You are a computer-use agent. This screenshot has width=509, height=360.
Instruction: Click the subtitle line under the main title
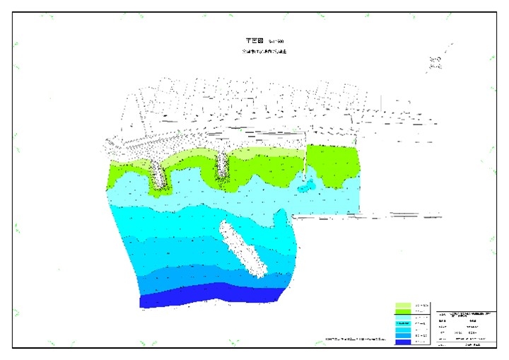pos(263,52)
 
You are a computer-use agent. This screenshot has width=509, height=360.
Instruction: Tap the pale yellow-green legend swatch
pos(403,304)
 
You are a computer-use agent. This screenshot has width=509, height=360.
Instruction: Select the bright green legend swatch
pos(403,311)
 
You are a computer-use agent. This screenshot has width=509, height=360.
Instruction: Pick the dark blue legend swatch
pos(403,342)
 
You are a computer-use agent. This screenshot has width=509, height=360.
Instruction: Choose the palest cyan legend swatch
pos(403,322)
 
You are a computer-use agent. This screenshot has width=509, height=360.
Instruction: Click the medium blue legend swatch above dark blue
pos(403,336)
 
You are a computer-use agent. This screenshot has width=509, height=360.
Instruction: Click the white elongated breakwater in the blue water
pos(242,250)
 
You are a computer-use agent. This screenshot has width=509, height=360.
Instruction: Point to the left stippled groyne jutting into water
pos(160,174)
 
